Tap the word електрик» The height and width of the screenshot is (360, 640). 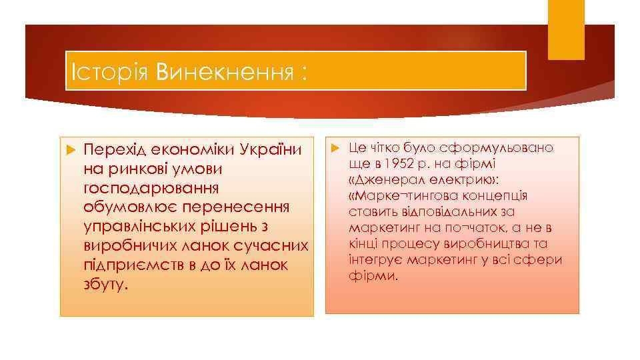(x=462, y=180)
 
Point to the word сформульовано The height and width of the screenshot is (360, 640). (x=494, y=147)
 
